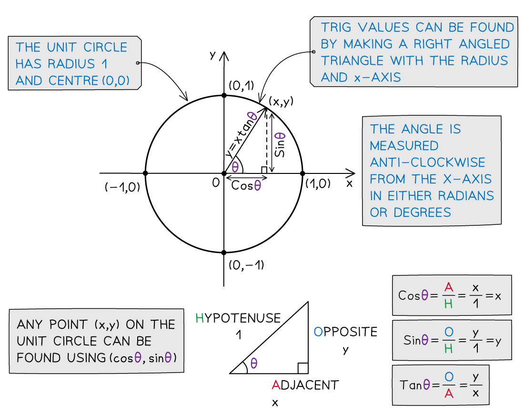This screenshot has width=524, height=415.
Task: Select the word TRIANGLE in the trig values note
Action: (x=353, y=61)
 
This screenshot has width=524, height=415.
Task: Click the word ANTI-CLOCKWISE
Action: (x=427, y=162)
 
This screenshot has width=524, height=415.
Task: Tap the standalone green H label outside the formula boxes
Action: (x=200, y=318)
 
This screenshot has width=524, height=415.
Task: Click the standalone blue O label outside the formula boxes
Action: (x=318, y=332)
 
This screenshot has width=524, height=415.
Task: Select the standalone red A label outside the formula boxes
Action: (x=276, y=385)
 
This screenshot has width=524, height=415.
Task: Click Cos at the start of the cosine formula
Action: (x=409, y=295)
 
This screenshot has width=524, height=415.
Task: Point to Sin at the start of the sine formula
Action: (x=412, y=340)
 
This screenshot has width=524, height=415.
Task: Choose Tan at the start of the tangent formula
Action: (x=411, y=385)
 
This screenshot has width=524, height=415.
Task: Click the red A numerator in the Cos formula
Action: (x=448, y=287)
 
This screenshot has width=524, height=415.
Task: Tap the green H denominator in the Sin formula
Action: (x=448, y=349)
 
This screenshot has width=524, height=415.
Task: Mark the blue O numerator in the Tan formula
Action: (x=448, y=376)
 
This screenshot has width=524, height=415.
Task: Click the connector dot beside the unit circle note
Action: (x=138, y=63)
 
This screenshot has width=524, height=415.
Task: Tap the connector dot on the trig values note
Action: (x=313, y=51)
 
